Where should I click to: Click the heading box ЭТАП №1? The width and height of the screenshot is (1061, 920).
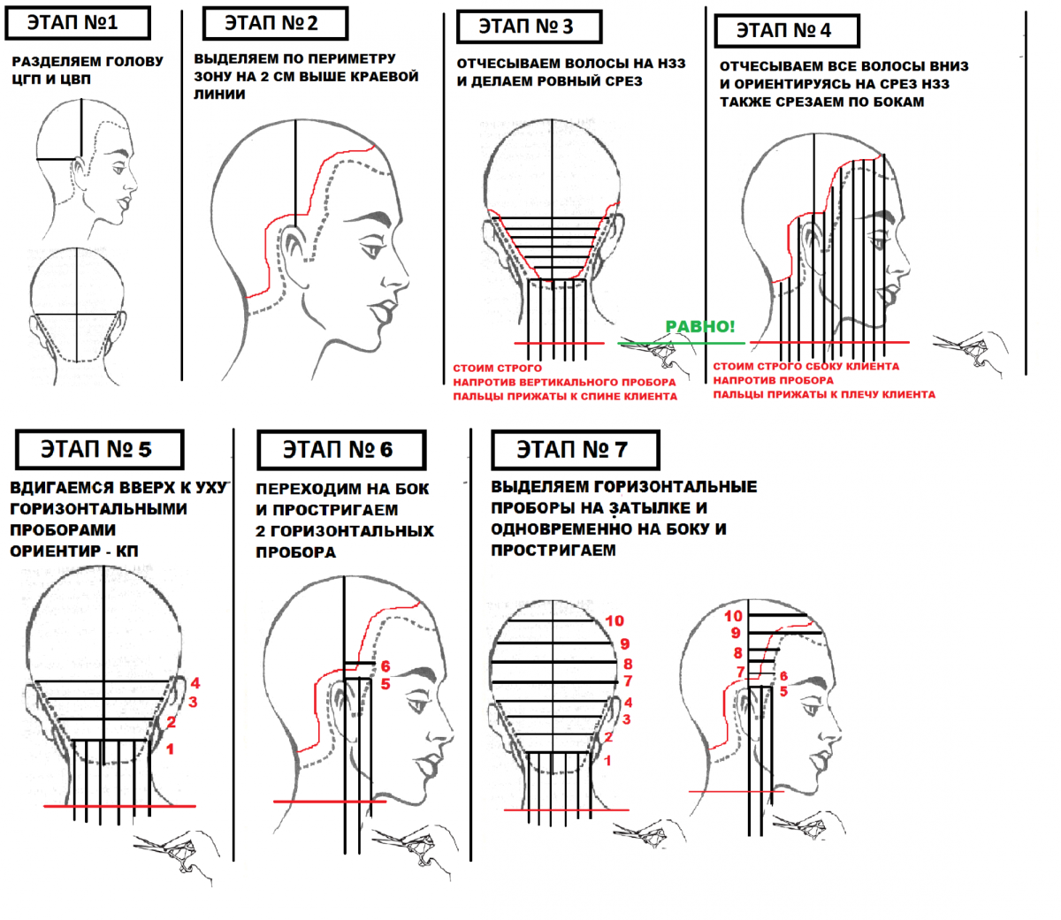(x=78, y=23)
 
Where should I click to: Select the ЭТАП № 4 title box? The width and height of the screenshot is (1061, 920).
(x=787, y=31)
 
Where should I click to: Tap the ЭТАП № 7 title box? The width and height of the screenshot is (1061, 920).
(x=575, y=449)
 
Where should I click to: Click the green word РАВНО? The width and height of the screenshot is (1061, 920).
(x=700, y=326)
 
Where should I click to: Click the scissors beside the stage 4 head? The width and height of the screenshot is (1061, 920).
(x=970, y=353)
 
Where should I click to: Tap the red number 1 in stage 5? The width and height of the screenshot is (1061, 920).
(x=170, y=749)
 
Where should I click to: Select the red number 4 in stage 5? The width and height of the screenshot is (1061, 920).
(x=195, y=682)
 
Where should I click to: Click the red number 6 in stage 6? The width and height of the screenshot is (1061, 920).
(x=385, y=666)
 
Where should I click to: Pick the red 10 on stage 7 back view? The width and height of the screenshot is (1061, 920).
(x=614, y=620)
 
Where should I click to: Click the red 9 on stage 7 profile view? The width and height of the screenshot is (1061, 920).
(x=736, y=633)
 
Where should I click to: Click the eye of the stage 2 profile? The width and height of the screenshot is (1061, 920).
(x=372, y=250)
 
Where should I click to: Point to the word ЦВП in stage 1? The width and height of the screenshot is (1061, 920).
(x=74, y=80)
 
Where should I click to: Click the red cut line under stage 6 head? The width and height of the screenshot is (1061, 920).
(x=330, y=802)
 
